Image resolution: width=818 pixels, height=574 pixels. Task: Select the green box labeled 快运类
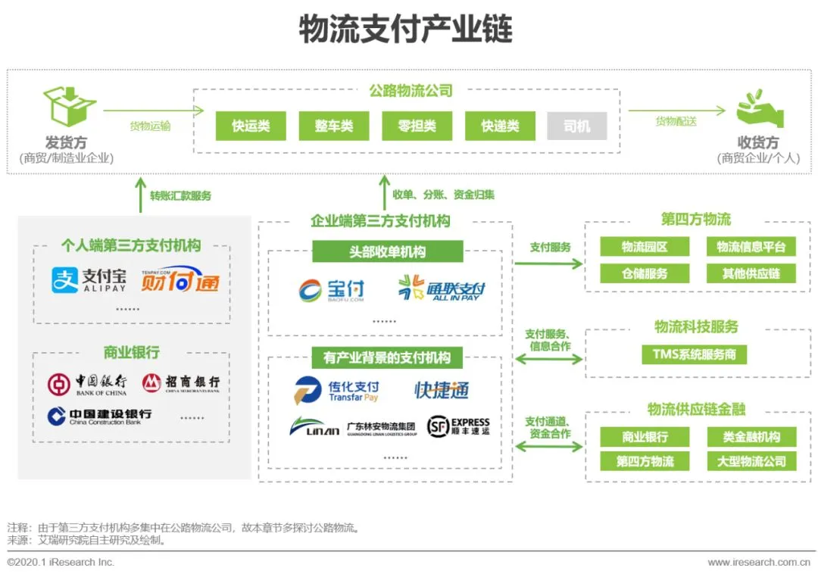pyautogui.click(x=251, y=126)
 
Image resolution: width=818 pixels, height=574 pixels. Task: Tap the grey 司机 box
pyautogui.click(x=576, y=126)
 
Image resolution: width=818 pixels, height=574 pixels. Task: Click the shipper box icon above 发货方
pyautogui.click(x=69, y=107)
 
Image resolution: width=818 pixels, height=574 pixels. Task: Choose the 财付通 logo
pyautogui.click(x=180, y=280)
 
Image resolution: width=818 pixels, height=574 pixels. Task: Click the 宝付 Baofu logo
pyautogui.click(x=332, y=290)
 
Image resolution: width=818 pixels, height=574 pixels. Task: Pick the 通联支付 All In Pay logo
pyautogui.click(x=442, y=289)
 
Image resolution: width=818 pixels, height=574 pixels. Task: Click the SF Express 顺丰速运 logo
pyautogui.click(x=458, y=426)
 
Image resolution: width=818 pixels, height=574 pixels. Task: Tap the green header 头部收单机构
pyautogui.click(x=387, y=252)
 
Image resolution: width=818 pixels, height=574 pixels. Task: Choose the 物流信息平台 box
pyautogui.click(x=751, y=247)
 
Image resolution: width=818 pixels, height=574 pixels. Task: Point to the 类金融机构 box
pyautogui.click(x=751, y=437)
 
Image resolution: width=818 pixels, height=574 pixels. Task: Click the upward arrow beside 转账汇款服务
pyautogui.click(x=140, y=195)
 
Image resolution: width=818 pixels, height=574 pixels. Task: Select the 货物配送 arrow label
pyautogui.click(x=676, y=121)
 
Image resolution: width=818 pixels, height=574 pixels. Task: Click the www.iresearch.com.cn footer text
pyautogui.click(x=758, y=563)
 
